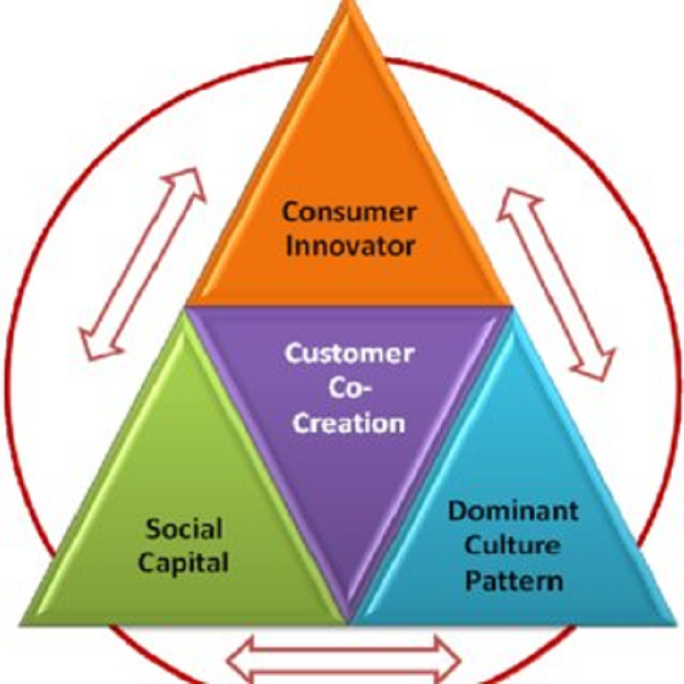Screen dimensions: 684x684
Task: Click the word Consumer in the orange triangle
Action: pyautogui.click(x=349, y=212)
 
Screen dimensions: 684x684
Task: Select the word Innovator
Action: pyautogui.click(x=349, y=246)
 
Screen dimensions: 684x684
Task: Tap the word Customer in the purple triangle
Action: pyautogui.click(x=349, y=353)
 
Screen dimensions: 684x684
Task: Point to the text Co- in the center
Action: pyautogui.click(x=349, y=389)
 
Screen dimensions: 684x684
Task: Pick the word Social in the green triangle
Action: pyautogui.click(x=184, y=528)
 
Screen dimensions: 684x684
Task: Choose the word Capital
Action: pyautogui.click(x=184, y=563)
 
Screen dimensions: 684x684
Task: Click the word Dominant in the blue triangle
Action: pyautogui.click(x=513, y=510)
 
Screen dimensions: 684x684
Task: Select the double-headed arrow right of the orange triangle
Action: pyautogui.click(x=556, y=285)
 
